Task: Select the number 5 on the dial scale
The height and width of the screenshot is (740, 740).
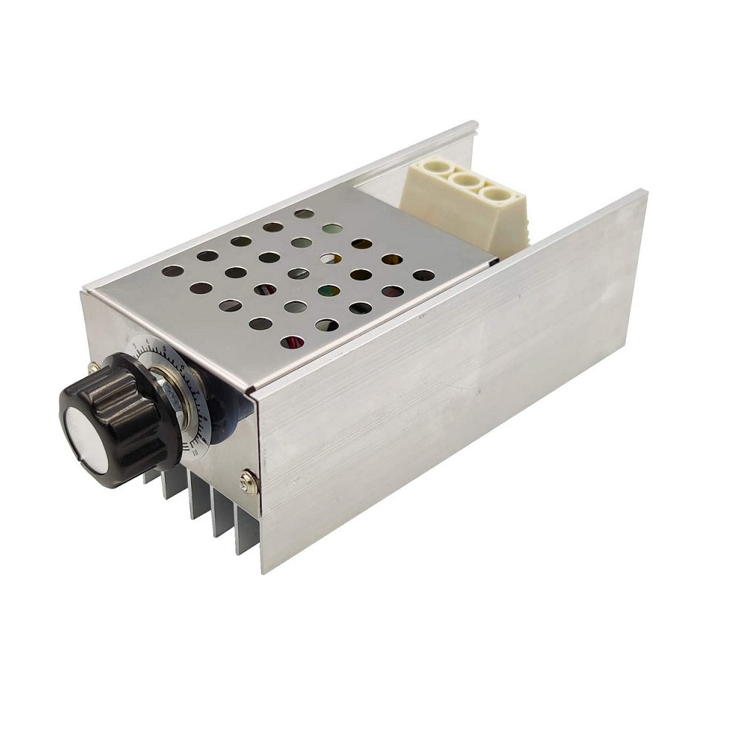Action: [164, 347]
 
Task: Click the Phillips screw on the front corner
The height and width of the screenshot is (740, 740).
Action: [249, 482]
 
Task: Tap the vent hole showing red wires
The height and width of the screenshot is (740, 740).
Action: [293, 342]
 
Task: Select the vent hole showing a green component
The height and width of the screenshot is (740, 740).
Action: [329, 291]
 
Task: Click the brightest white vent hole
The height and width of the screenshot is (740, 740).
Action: [331, 259]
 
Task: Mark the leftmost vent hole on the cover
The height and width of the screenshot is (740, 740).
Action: [172, 271]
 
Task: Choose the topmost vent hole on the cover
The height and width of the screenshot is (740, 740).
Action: [303, 214]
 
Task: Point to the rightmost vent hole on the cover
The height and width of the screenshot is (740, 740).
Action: [423, 275]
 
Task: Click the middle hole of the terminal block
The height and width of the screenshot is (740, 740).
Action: [464, 181]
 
